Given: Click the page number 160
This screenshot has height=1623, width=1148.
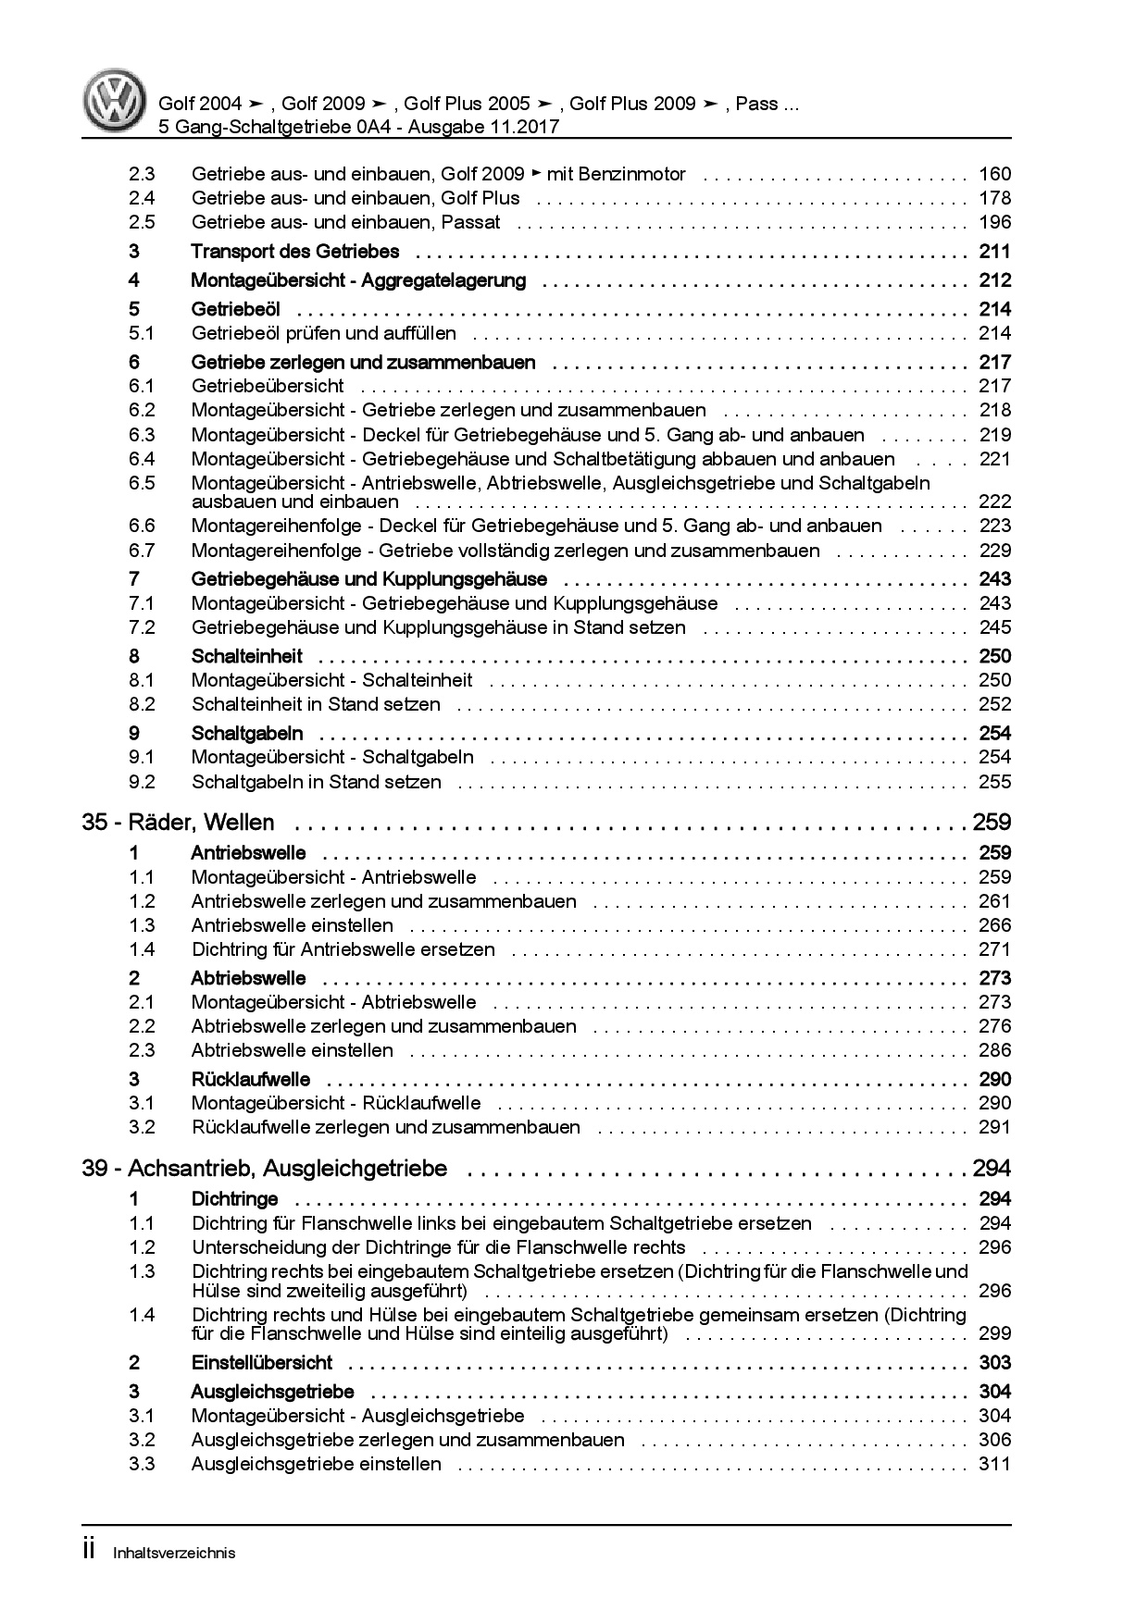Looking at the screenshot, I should coord(994,174).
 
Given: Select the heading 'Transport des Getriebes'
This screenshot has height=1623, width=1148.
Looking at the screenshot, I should coord(294,252).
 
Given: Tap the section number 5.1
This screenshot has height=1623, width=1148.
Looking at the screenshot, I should coord(142,333).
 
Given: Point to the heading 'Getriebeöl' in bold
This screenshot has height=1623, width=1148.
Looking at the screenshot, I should coord(235,309).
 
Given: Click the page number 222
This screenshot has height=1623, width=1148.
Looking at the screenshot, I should coord(994,502).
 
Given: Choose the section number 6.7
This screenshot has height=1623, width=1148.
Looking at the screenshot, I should coord(142,551).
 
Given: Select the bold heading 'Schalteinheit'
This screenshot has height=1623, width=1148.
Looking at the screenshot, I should coord(246,656).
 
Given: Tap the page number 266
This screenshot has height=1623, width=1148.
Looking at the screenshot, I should coord(994,925).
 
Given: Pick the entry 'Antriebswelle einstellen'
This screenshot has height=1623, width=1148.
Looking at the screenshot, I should coord(292,925).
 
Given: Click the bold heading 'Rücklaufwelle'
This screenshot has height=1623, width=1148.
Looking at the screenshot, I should coord(250,1079).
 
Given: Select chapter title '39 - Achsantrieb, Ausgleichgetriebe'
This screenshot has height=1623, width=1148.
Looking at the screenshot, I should coord(264,1169).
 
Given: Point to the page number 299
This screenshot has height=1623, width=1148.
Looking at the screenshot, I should coord(994,1333).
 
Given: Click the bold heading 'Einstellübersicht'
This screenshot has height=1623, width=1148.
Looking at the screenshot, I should coord(261,1363).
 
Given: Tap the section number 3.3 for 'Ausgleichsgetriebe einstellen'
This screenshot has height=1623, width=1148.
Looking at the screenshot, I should coord(142,1464).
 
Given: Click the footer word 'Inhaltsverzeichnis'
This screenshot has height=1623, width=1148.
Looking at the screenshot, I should coord(173,1553).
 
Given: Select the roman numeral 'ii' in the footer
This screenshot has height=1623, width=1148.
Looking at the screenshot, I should coord(89,1551).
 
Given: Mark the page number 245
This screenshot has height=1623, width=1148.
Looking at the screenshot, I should coord(994,627).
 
